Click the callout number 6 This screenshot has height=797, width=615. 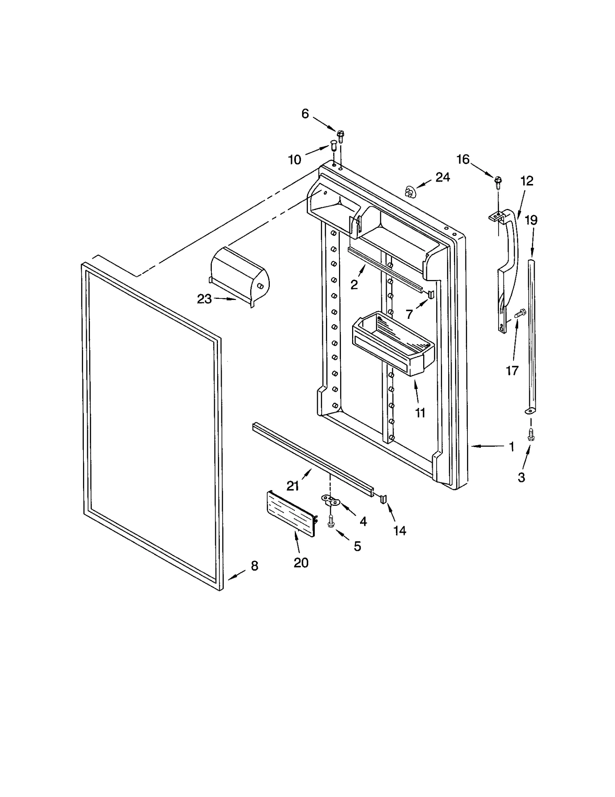point(305,114)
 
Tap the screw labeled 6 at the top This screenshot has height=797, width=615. point(340,135)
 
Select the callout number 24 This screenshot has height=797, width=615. point(442,177)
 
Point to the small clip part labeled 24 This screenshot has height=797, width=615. point(410,191)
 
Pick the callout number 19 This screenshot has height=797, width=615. point(531,220)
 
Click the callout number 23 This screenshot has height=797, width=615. point(204,299)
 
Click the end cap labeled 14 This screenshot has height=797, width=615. point(383,499)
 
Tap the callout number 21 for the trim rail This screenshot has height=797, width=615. point(293,486)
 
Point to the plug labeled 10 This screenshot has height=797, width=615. point(333,146)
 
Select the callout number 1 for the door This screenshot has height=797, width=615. point(512,446)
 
